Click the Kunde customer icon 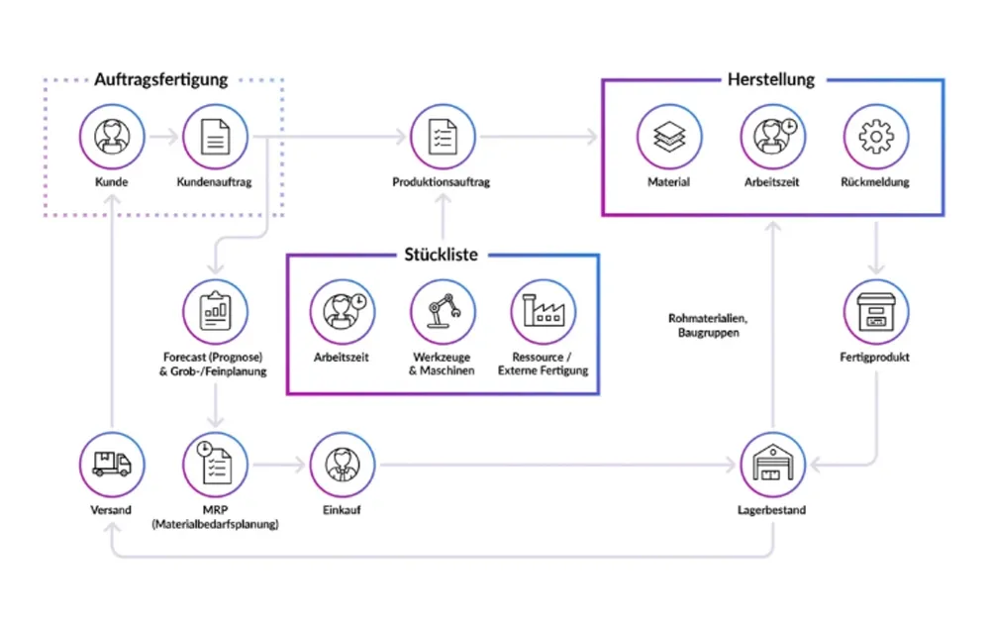(112, 137)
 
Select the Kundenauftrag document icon (215, 137)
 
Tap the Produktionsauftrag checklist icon (443, 137)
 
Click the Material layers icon (669, 137)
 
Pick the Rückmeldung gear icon (875, 137)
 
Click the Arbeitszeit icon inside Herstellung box (772, 137)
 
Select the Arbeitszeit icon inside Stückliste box (343, 311)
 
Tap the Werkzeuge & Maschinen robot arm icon (443, 311)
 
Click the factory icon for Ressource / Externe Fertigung (543, 311)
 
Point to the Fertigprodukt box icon (875, 311)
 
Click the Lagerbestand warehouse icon (772, 465)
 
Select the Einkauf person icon (343, 465)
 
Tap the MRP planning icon (215, 465)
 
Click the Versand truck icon (112, 465)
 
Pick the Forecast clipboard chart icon (215, 311)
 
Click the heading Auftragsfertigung (160, 80)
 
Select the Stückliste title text (441, 255)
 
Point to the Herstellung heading (771, 80)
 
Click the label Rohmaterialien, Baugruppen (708, 325)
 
